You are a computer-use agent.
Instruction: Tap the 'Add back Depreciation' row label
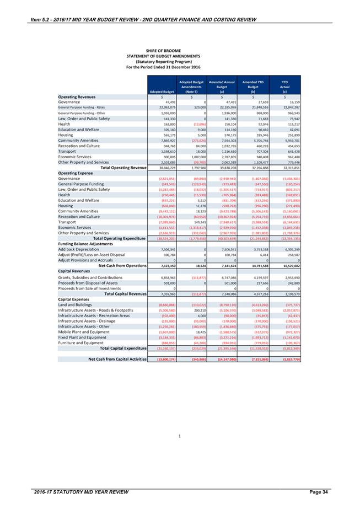[x=82, y=249]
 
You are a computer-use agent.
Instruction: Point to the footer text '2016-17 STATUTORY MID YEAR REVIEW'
[x=81, y=491]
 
